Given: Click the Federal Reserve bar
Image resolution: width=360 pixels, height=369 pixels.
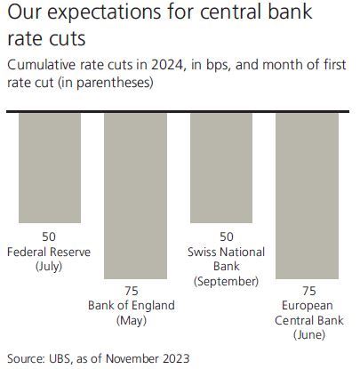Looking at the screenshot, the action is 50,168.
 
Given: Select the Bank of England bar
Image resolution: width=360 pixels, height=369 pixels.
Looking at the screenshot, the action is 135,196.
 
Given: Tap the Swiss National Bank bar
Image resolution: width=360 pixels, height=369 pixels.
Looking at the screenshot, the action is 221,168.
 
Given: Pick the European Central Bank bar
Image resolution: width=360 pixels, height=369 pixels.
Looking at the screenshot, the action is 307,196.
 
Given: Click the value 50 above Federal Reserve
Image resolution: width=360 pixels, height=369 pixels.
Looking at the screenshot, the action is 49,237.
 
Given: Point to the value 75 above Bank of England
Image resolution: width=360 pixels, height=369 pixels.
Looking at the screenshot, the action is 132,291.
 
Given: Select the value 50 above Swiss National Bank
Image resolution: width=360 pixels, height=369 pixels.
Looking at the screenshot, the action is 227,237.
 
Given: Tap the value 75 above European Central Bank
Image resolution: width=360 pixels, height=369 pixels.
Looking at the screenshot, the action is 309,291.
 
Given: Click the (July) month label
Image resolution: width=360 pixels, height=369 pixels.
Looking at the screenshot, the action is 49,267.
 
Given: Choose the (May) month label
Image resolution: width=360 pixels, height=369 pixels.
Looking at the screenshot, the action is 132,321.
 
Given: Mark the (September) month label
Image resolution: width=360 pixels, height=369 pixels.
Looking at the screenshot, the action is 227,281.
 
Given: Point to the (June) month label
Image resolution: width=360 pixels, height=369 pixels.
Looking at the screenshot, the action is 309,335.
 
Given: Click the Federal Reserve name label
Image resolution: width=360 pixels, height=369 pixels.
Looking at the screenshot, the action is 49,252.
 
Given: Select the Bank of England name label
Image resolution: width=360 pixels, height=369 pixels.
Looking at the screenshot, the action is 132,306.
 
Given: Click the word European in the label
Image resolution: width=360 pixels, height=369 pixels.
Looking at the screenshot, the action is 308,306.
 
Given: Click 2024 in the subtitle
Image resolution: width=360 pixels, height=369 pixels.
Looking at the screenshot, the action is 167,65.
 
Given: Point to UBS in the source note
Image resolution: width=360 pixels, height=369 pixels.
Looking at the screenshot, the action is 60,358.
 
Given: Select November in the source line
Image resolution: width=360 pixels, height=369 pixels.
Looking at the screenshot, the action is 132,358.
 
